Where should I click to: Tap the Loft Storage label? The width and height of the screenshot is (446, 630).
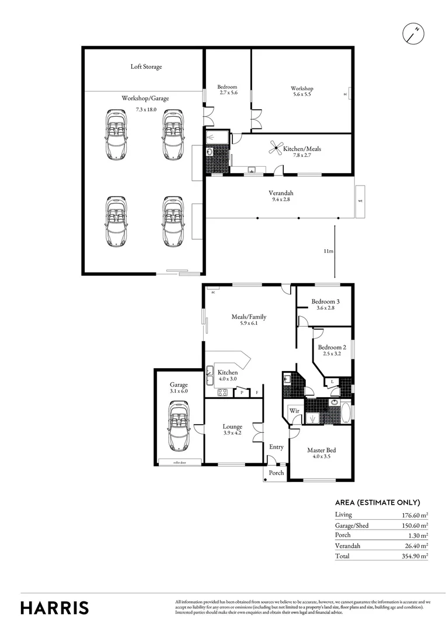coord(146,66)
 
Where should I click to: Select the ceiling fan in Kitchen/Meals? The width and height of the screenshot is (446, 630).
coord(276,148)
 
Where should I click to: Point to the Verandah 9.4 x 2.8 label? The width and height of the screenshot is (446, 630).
coord(281,197)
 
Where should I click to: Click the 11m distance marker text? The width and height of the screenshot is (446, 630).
coord(329,251)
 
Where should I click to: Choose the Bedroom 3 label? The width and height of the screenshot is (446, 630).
coord(325,304)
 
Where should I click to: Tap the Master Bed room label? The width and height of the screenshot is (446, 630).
coord(322,453)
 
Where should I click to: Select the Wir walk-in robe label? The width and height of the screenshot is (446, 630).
coord(294,411)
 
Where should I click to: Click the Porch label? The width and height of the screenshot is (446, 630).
coord(276,473)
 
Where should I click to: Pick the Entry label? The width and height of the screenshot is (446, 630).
coord(276,447)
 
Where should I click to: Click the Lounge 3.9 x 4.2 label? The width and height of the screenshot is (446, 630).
coord(232,430)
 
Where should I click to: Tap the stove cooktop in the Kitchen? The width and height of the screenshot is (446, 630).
coord(222,393)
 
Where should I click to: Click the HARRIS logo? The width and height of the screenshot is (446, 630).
coord(55,607)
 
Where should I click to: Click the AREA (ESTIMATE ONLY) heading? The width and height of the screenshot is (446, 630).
coord(377,502)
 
